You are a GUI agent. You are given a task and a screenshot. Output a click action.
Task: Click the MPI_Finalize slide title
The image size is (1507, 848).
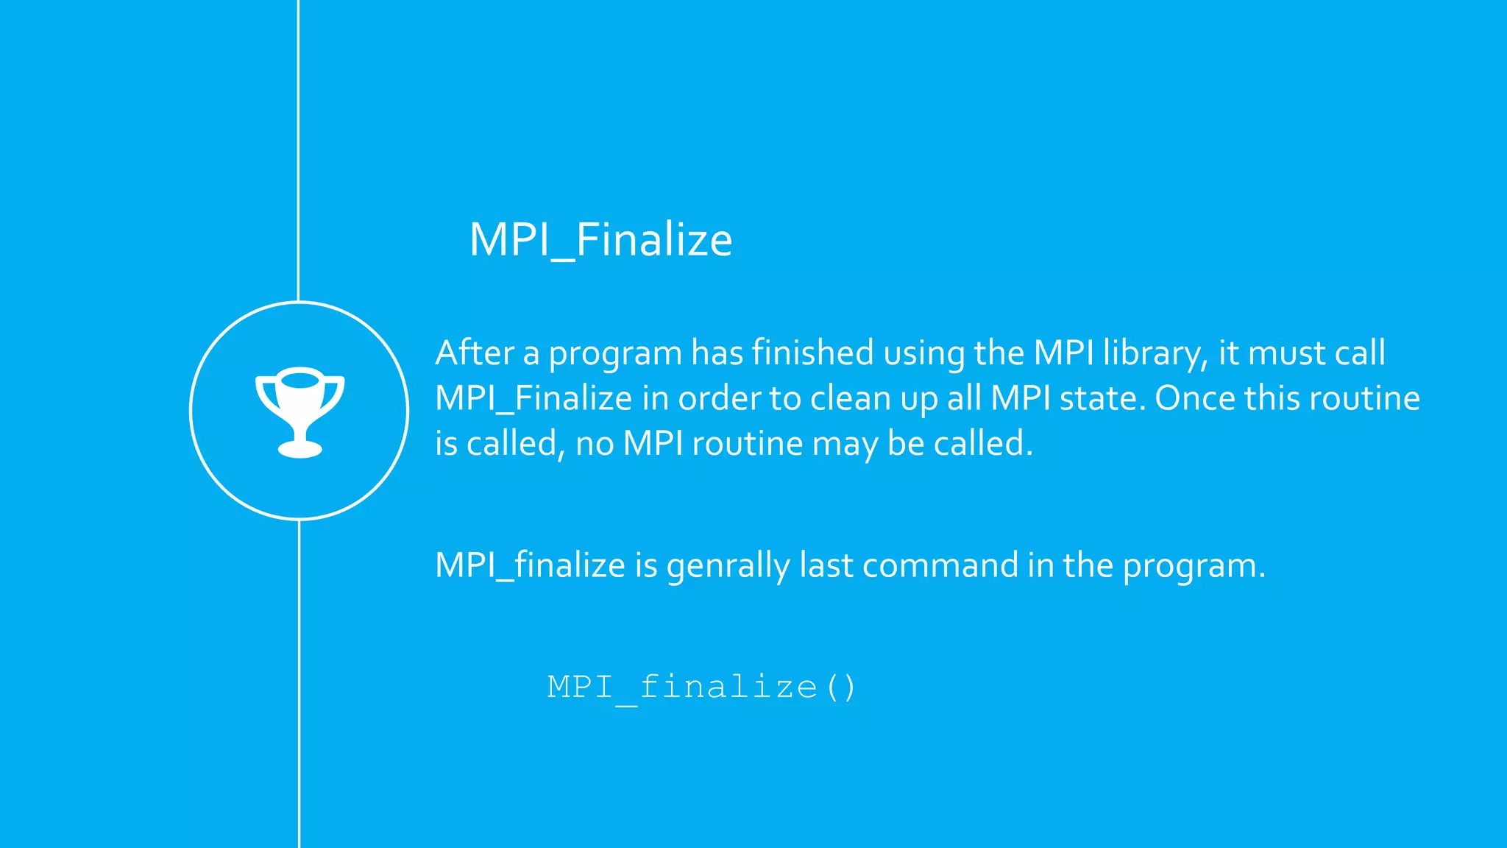tap(600, 239)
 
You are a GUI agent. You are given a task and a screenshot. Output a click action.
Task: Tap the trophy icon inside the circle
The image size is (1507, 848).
tap(299, 411)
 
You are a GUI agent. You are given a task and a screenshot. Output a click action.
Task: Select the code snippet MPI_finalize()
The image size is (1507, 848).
tap(701, 688)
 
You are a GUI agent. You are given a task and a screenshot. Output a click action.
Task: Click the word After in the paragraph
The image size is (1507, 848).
tap(474, 353)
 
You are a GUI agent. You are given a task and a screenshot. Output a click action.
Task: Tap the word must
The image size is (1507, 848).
tap(1286, 353)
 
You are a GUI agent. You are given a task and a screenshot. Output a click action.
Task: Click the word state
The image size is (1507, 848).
tap(1102, 398)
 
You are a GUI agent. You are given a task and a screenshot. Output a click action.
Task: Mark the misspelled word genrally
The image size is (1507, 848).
tap(728, 566)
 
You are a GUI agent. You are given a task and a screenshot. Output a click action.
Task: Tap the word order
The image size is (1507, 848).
tap(719, 398)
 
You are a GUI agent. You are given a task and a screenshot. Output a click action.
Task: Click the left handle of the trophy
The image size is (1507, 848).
tap(265, 394)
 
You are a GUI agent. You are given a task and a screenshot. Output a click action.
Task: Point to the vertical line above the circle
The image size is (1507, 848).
tap(298, 147)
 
